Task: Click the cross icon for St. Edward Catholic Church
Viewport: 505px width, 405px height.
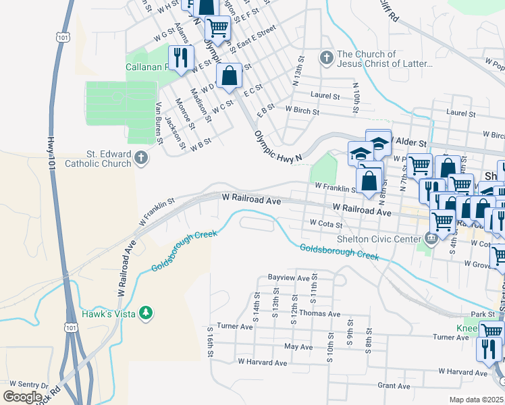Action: [x=141, y=159]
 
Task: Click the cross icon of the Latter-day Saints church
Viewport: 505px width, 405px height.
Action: [x=326, y=59]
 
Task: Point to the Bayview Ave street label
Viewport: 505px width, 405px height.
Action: [x=288, y=277]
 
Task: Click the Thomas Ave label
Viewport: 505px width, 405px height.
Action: [x=319, y=314]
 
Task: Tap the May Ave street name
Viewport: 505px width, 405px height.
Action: [x=298, y=346]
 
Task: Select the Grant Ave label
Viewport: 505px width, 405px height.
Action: [x=394, y=386]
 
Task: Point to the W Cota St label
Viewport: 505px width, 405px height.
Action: [x=326, y=223]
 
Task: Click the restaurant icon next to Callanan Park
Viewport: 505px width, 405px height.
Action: [x=180, y=57]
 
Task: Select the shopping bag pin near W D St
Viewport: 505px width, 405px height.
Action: [x=230, y=76]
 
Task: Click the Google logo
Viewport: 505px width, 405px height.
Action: [x=22, y=397]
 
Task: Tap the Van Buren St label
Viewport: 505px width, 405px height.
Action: [x=159, y=122]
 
